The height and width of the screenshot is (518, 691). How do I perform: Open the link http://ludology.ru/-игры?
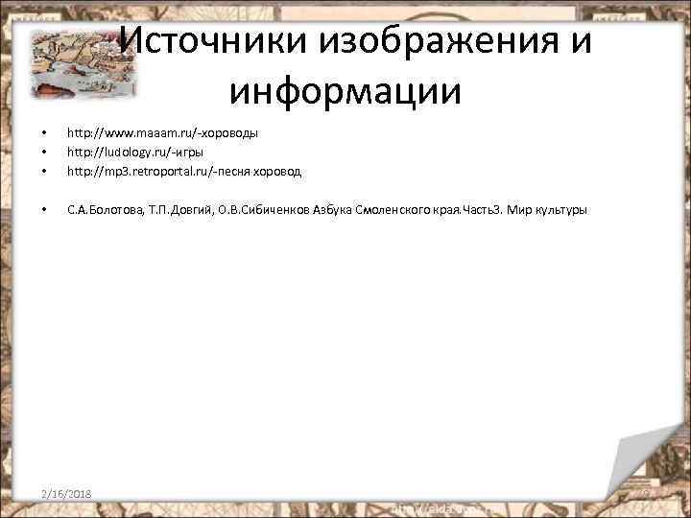coord(134,152)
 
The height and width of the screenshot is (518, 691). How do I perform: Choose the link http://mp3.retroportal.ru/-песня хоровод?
coord(183,172)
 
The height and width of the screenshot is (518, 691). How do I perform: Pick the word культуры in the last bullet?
coord(560,209)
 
